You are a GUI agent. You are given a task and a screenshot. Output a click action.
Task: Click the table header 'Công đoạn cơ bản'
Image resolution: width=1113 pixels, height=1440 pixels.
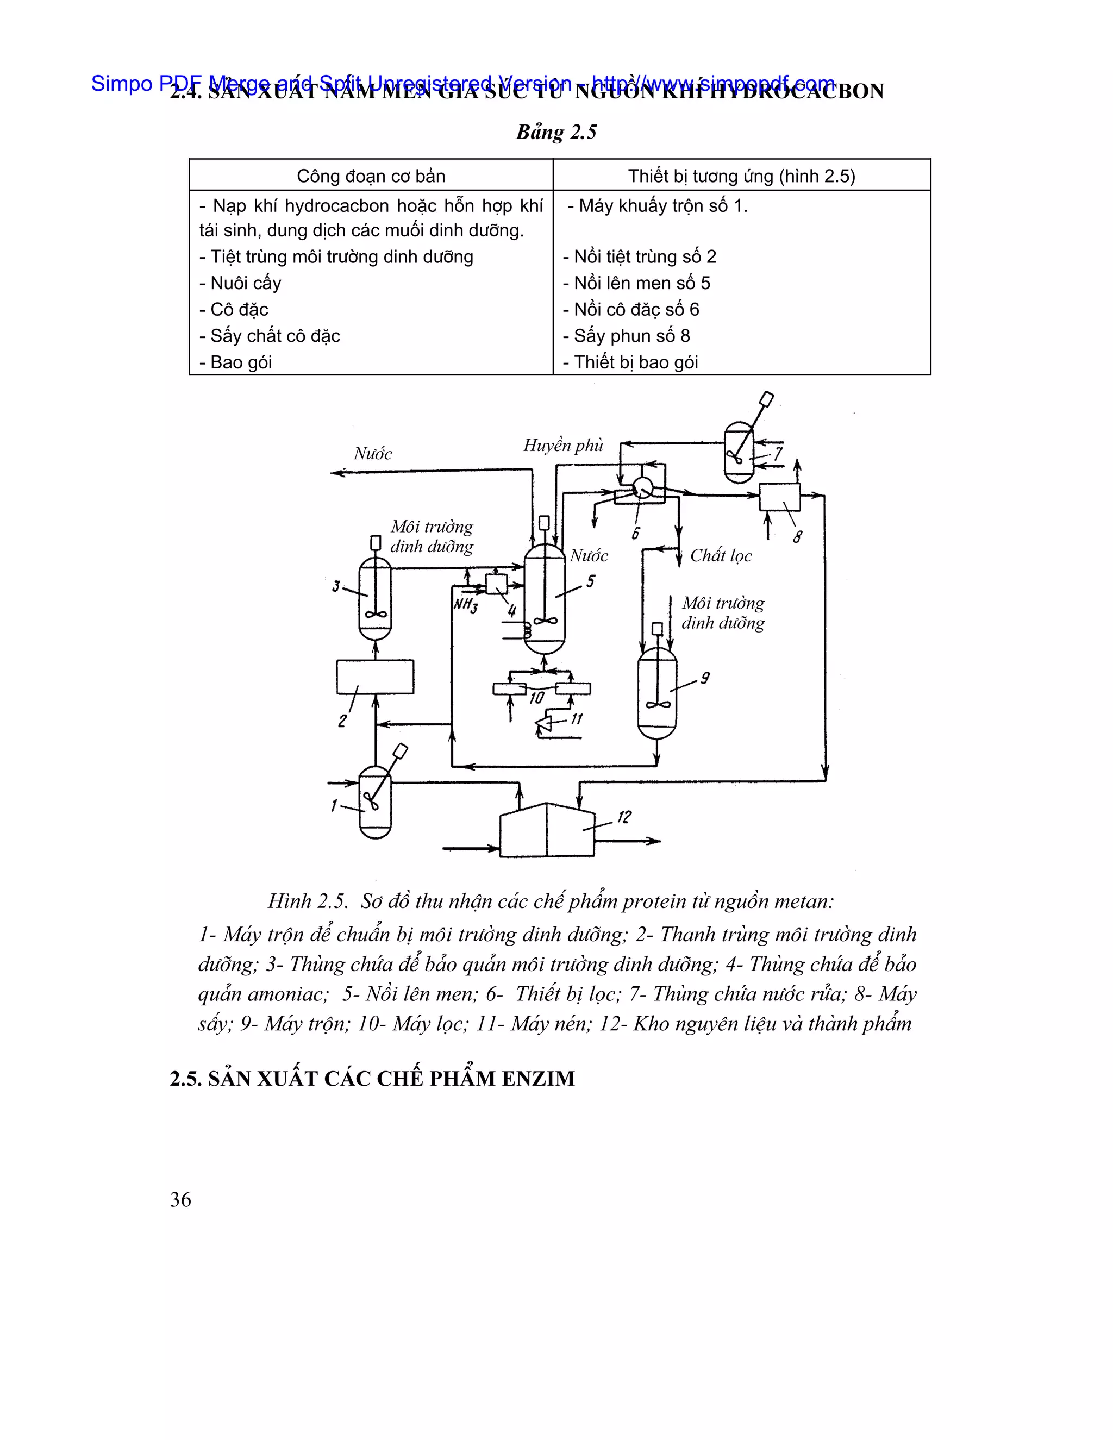coord(371,176)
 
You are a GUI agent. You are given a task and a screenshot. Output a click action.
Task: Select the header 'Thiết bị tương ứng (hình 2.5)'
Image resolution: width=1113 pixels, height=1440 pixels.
coord(741,176)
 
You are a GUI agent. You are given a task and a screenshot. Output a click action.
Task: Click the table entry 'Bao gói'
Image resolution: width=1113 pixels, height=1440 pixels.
coord(240,362)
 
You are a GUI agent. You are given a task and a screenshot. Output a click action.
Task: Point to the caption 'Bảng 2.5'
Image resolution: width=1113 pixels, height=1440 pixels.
coord(556,132)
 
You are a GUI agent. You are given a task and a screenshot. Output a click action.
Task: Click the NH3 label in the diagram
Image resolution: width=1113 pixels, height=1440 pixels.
coord(466,605)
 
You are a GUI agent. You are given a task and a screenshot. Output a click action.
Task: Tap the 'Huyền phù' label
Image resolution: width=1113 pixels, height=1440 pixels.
coord(563,445)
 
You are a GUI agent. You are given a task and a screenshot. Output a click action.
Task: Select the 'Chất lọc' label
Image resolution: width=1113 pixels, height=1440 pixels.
coord(721,555)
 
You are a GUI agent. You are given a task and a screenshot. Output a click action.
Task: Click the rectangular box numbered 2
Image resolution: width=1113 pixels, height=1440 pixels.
coord(375,677)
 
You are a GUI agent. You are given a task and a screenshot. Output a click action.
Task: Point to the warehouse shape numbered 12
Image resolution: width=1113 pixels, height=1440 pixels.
coord(547,831)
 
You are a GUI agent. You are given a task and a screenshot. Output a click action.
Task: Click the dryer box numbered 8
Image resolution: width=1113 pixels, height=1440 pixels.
coord(779,497)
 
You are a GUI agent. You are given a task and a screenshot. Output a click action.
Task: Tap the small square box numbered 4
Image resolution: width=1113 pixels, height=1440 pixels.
coord(496,584)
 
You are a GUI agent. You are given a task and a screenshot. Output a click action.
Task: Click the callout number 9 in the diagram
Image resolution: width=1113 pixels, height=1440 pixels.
coord(705,678)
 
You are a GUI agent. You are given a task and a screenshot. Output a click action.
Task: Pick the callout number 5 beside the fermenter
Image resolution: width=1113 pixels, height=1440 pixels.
coord(590,581)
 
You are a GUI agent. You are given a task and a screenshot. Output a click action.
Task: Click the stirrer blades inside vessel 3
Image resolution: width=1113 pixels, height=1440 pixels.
coord(375,615)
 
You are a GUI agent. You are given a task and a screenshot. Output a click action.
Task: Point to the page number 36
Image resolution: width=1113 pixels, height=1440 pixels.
coord(180,1199)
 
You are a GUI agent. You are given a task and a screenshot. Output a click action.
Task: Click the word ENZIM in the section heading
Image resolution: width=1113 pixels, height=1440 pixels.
coord(538,1079)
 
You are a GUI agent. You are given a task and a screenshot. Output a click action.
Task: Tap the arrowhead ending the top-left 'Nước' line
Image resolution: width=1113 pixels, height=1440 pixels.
coord(336,472)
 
